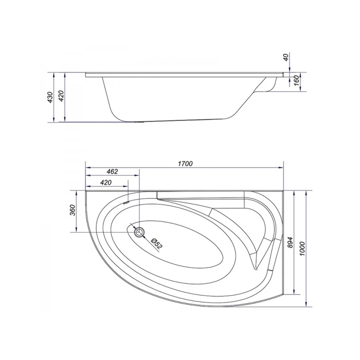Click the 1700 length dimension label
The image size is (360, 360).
[185, 163]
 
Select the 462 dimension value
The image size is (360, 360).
[112, 171]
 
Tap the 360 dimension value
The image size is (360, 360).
[72, 210]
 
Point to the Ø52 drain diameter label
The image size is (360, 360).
[157, 243]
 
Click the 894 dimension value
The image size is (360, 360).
[291, 242]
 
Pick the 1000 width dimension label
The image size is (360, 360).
[302, 249]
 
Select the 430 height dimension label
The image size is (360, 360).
[50, 97]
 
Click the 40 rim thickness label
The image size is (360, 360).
[286, 57]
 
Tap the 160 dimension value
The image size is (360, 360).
[296, 80]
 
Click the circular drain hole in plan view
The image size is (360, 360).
[139, 232]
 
